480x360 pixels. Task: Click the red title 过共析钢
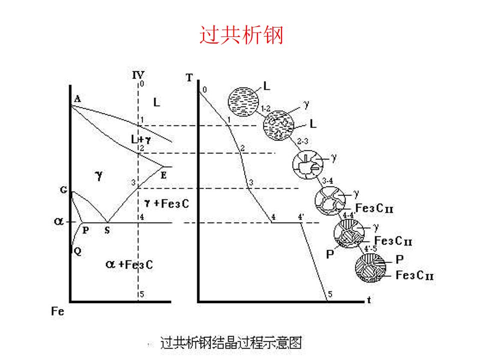[241, 35]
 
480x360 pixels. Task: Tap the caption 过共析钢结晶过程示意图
[231, 343]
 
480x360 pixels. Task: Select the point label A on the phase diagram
[77, 99]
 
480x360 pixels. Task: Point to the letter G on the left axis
[63, 190]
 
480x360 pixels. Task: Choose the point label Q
[77, 251]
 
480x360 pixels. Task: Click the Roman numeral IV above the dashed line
[138, 75]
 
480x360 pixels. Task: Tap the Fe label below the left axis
[57, 311]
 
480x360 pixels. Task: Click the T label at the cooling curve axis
[189, 77]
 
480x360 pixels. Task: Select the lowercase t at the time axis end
[368, 300]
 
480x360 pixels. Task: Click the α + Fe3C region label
[129, 264]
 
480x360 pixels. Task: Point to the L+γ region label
[141, 140]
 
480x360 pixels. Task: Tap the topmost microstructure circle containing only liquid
[243, 100]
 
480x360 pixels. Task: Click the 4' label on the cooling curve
[301, 217]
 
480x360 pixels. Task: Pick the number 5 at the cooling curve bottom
[329, 294]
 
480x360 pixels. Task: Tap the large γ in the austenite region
[99, 175]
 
